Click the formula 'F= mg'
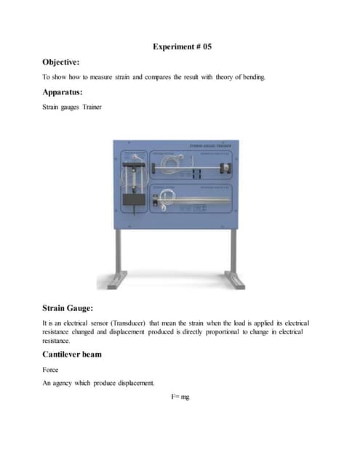180,399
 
